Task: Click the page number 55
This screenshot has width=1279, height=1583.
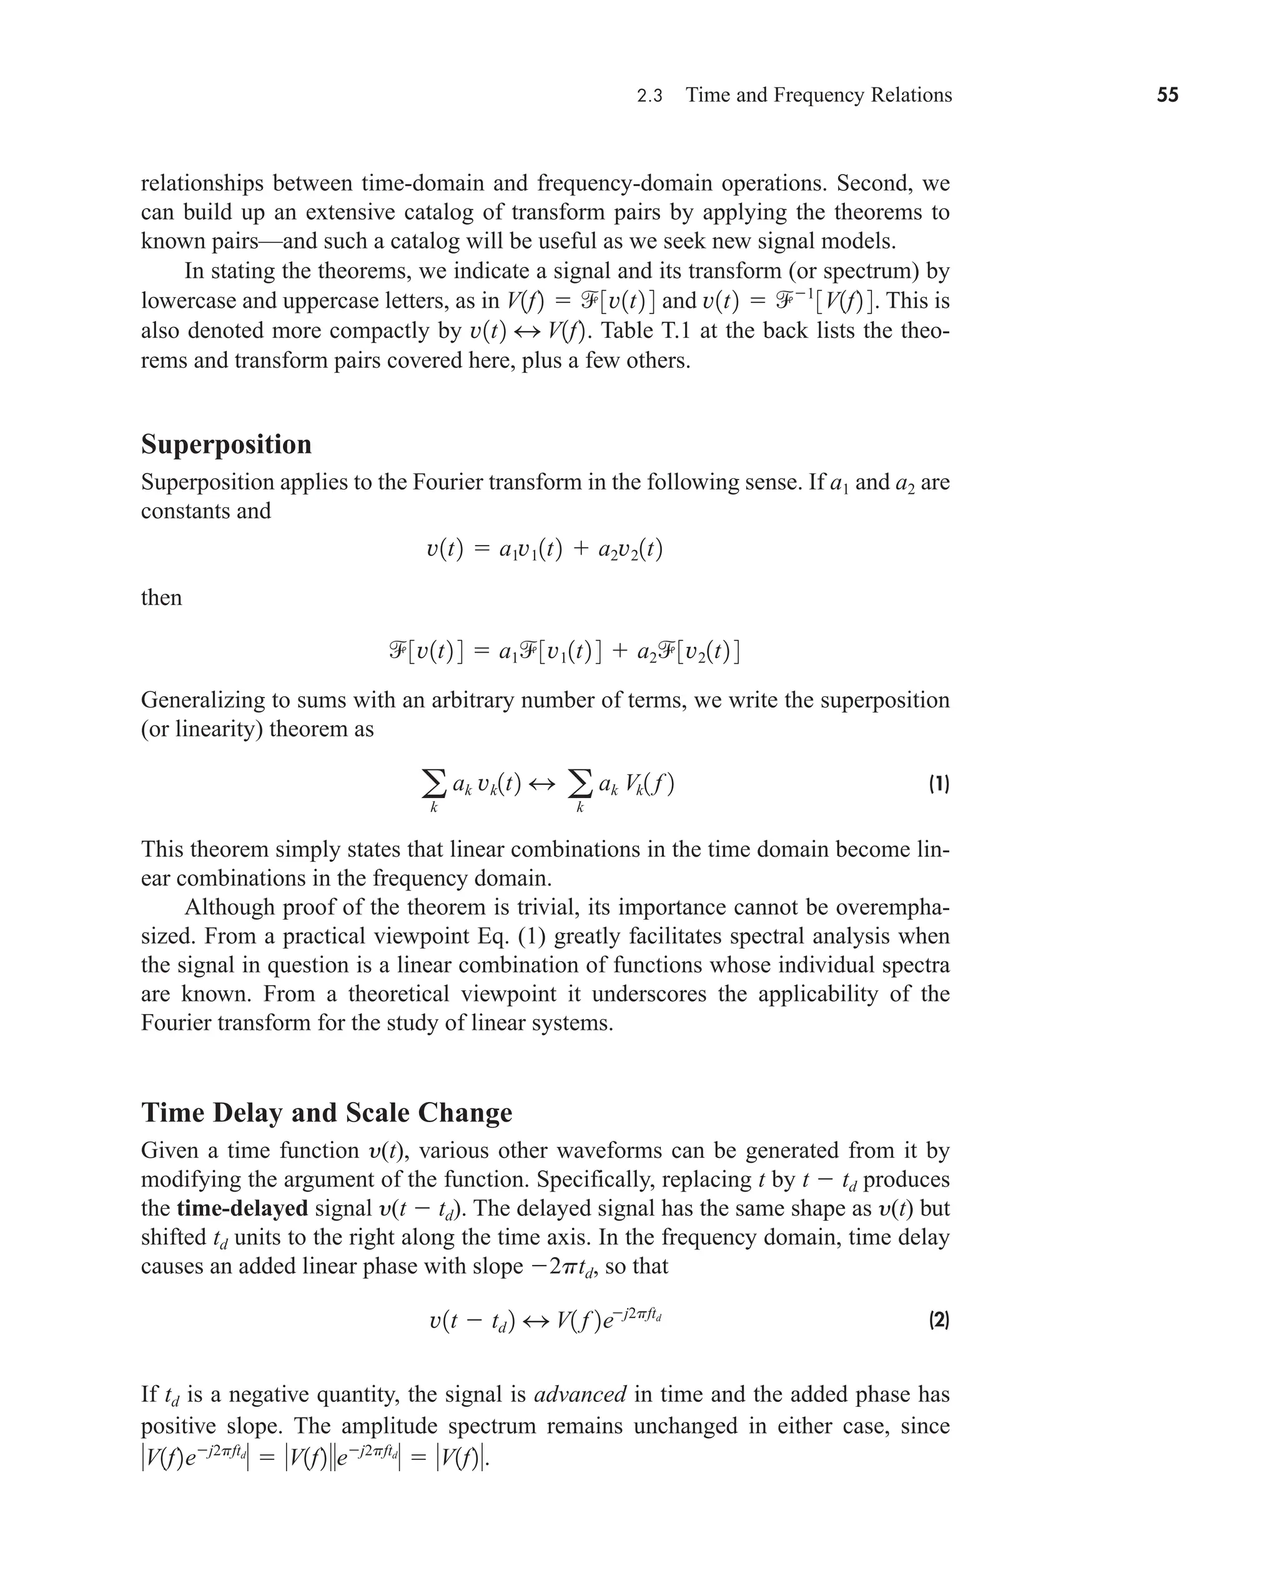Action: (x=1167, y=95)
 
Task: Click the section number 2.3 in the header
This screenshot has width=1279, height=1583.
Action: (x=649, y=96)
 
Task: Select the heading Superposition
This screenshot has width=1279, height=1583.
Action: (x=226, y=444)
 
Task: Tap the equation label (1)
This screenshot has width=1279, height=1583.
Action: (x=939, y=784)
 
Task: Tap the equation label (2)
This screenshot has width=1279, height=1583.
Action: (x=939, y=1320)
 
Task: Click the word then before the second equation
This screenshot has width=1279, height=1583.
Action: (x=161, y=598)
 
